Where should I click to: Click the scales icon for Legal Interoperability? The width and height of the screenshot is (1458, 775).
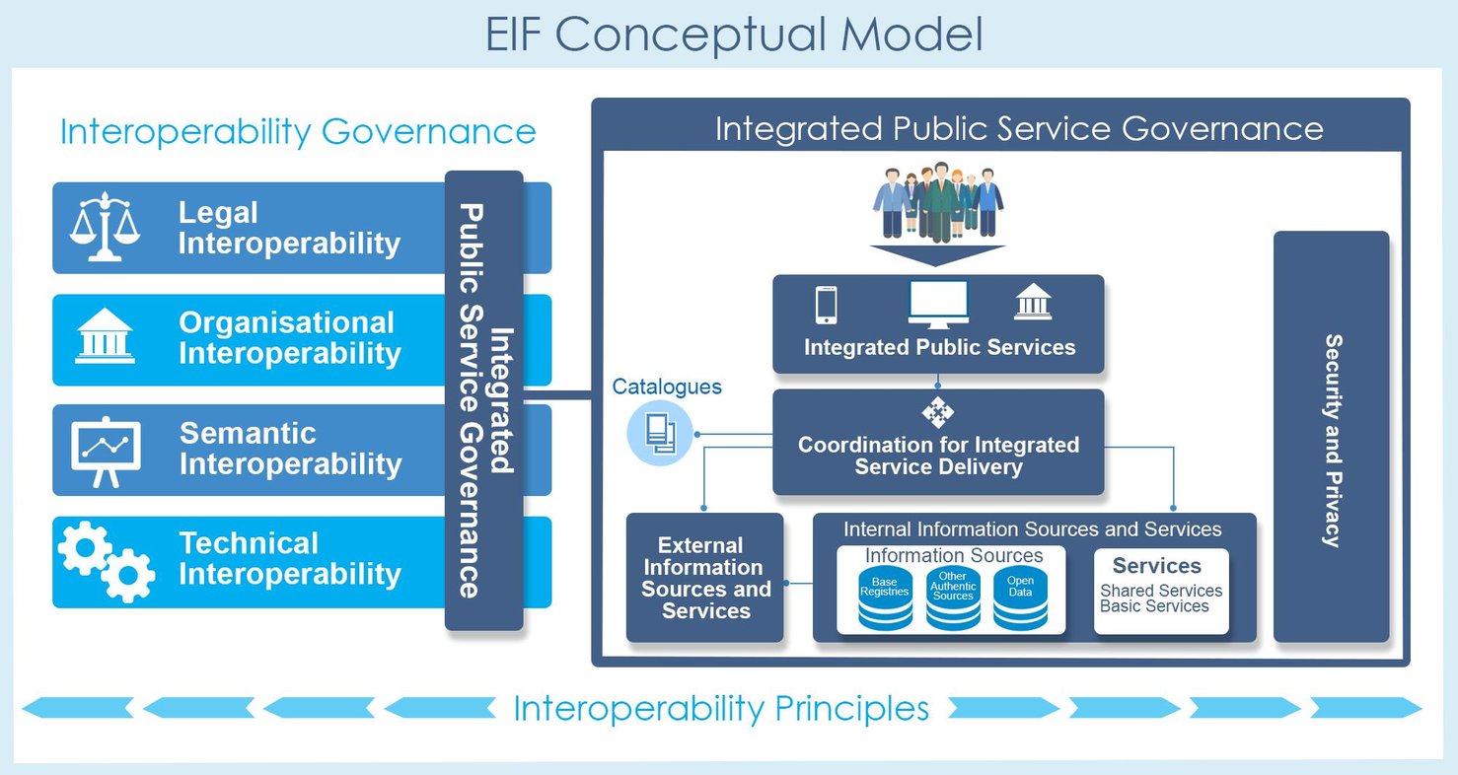pos(105,227)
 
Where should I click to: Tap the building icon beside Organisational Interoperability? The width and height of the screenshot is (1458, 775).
pos(105,338)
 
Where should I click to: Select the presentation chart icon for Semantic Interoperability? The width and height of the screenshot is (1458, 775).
pos(106,451)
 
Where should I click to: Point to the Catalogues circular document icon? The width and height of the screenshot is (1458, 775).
pos(660,433)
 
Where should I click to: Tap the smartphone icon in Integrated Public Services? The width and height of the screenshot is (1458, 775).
pos(827,305)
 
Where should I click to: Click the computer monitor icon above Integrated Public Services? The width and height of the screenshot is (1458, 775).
pos(937,304)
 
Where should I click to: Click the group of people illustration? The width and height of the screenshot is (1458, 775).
pos(937,202)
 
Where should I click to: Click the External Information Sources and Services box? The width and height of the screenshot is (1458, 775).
pos(705,578)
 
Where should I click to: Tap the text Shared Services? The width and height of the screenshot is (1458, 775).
pos(1161,591)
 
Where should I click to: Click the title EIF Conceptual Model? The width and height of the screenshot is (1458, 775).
pos(734,35)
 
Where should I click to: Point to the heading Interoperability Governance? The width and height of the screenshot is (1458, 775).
pos(298,131)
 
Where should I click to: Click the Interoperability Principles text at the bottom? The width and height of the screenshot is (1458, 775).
pos(721,708)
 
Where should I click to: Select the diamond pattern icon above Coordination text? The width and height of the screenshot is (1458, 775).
pos(937,413)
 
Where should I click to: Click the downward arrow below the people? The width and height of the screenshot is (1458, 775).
pos(937,255)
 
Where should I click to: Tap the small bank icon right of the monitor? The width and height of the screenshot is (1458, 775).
pos(1033,302)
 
